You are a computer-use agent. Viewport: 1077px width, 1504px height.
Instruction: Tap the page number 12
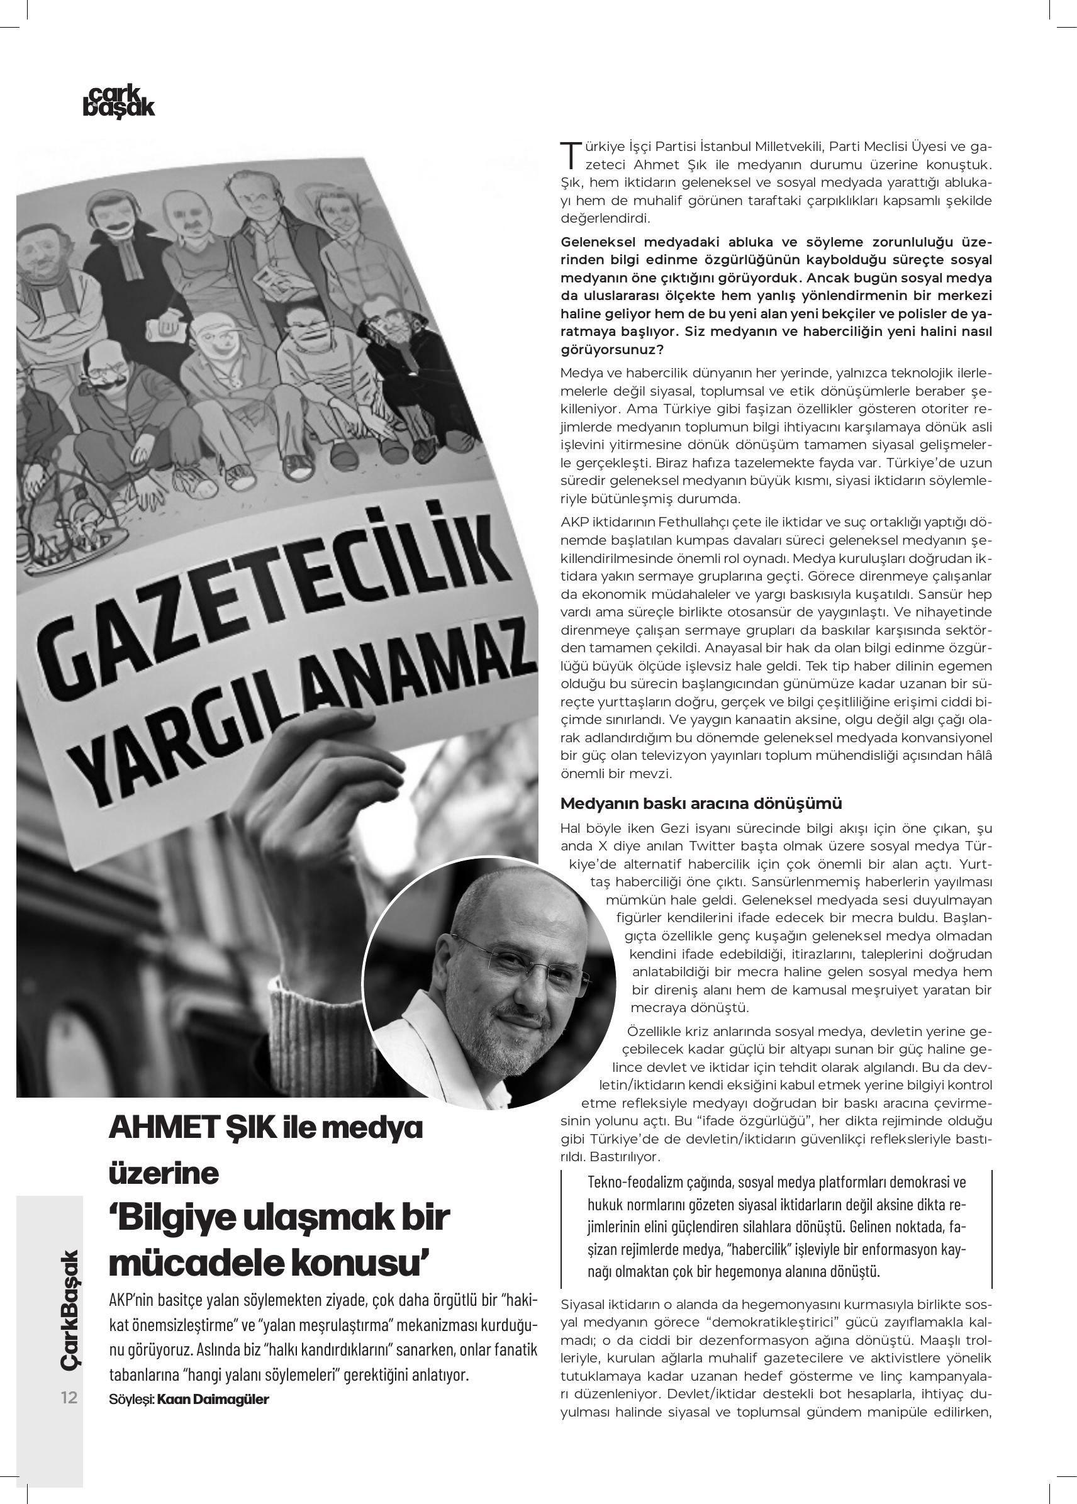tap(69, 1397)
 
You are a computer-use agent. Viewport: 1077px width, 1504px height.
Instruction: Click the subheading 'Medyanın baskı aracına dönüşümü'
tap(701, 804)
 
